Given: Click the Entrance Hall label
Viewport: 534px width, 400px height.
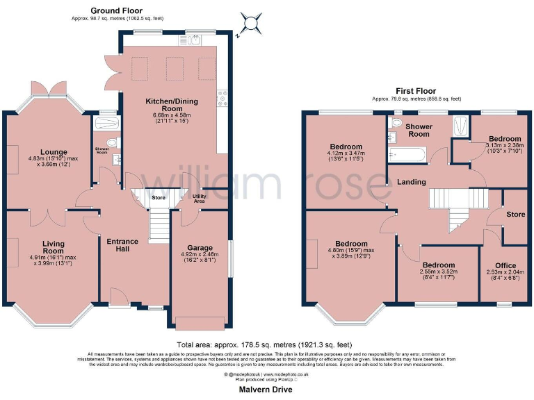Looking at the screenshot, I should point(122,245).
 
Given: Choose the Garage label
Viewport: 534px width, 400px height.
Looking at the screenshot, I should point(200,247).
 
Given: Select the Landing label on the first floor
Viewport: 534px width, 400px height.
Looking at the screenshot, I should point(410,182).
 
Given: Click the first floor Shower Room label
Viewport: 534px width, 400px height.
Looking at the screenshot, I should point(419,131).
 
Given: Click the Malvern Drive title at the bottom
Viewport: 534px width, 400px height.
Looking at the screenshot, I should point(267,390).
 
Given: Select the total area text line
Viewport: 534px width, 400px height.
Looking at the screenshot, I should point(264,344).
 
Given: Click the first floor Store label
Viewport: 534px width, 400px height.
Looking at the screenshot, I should point(515,215).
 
